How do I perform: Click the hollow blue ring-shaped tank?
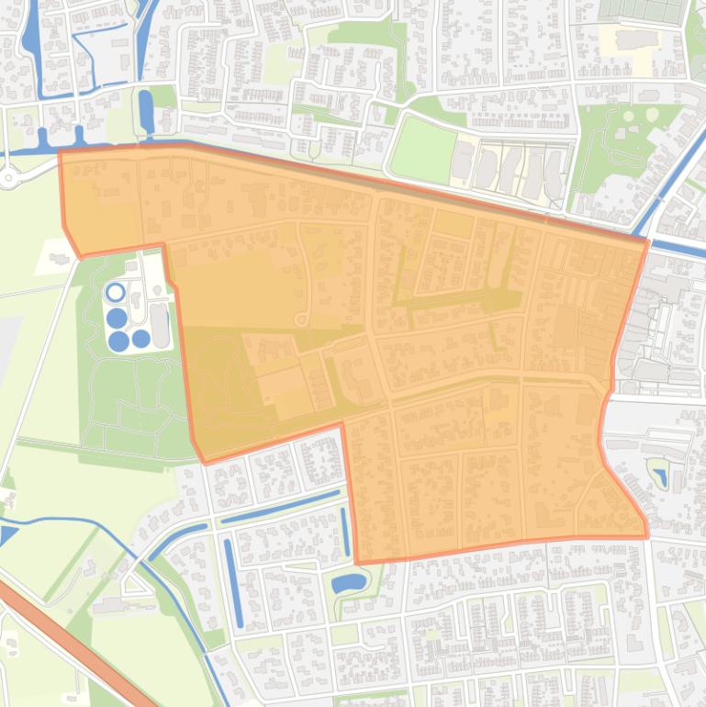click(115, 293)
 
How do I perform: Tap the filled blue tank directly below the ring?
click(117, 319)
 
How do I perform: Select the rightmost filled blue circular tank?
click(140, 339)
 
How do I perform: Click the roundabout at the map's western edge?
click(7, 176)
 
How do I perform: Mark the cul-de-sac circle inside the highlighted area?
click(300, 320)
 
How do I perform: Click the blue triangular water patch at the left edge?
click(7, 533)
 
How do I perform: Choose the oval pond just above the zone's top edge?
click(145, 110)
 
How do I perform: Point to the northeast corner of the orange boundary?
click(647, 241)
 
